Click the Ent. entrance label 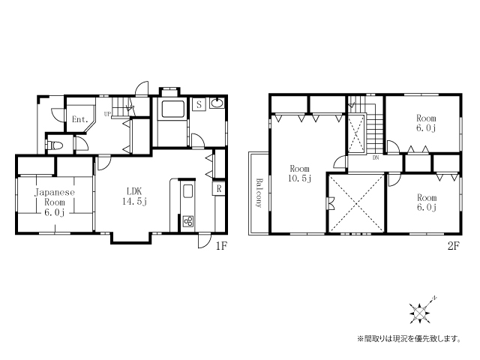(80, 119)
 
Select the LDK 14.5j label (135, 196)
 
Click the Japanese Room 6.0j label (55, 202)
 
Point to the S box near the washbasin (199, 105)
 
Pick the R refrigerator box (219, 188)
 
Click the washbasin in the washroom (217, 103)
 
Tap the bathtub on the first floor (173, 109)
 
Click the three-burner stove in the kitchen (188, 221)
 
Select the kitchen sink (188, 192)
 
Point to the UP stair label (107, 114)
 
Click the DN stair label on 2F (376, 158)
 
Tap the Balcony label (259, 193)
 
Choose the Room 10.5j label (299, 173)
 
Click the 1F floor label (221, 246)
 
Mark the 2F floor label (454, 246)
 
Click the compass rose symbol (420, 312)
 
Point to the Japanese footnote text (409, 338)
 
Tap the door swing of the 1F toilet (81, 143)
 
